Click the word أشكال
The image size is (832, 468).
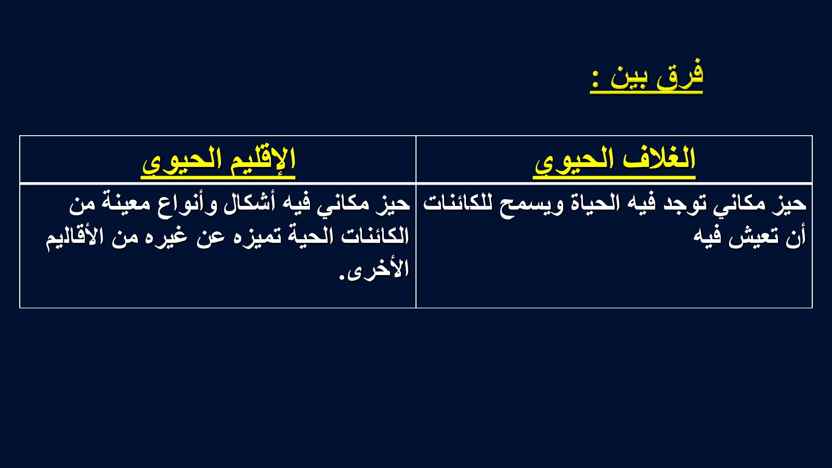point(250,203)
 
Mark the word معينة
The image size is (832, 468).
point(123,203)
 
